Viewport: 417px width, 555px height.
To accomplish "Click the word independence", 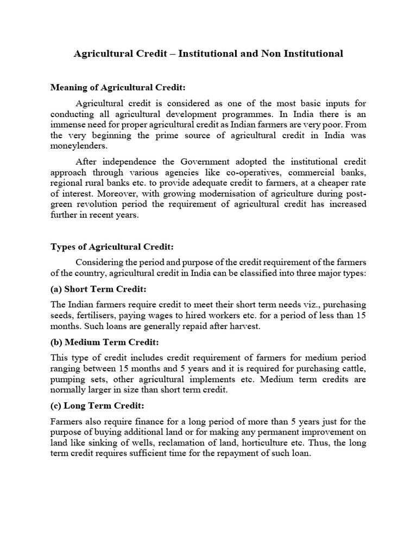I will pos(125,161).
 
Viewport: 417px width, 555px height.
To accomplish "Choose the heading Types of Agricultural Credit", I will pos(111,247).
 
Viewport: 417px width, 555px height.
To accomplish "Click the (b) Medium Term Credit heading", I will pos(104,342).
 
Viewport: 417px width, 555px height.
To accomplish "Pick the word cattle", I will pos(353,369).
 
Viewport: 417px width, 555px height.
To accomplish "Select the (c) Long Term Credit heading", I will pos(97,406).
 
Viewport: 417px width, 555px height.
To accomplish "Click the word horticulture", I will pos(302,443).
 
